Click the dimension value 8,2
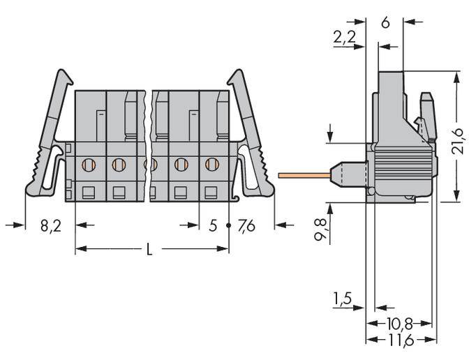[50, 226]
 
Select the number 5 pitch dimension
[214, 226]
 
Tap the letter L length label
[149, 250]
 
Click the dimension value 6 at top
[385, 22]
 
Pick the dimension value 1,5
[343, 299]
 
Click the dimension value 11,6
[400, 340]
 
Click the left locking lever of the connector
[49, 133]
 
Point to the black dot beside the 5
[228, 227]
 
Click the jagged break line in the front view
[148, 147]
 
